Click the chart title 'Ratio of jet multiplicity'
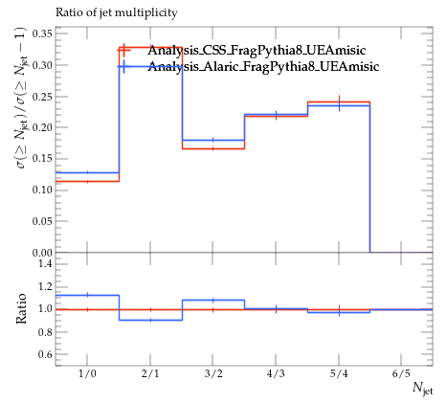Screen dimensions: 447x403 point(117,12)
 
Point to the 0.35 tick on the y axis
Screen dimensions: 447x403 point(42,34)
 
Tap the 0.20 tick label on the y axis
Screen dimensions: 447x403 point(42,127)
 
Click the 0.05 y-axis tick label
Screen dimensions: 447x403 point(42,221)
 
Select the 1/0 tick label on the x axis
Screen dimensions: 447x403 point(87,373)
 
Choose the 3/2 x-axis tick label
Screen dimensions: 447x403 point(213,373)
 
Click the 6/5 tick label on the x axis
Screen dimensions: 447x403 point(401,373)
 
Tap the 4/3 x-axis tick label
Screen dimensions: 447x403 point(276,373)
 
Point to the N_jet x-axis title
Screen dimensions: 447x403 point(423,389)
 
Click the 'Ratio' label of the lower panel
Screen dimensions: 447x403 point(21,308)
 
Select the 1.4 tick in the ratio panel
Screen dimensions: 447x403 point(45,263)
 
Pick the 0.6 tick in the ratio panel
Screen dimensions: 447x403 point(45,354)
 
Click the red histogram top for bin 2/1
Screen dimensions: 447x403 point(150,47)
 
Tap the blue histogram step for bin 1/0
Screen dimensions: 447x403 point(87,172)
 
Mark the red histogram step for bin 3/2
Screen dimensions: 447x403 point(213,148)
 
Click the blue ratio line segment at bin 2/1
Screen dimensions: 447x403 point(150,320)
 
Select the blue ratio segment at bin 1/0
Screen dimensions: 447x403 point(87,295)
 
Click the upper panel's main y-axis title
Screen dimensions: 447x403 point(22,98)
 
